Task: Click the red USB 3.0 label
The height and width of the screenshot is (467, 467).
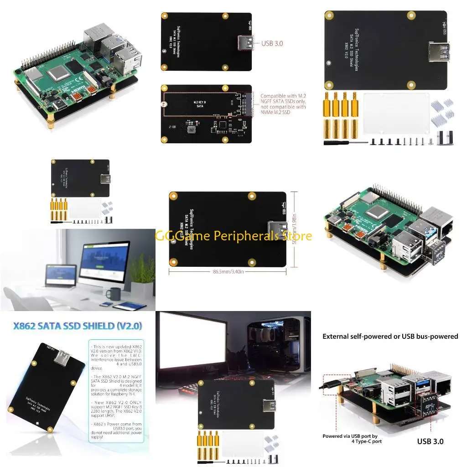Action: coord(272,43)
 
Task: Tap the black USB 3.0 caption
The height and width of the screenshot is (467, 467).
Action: coord(430,441)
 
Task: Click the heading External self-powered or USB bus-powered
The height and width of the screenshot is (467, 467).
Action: coord(390,337)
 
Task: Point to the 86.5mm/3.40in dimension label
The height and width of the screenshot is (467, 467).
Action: coord(228,271)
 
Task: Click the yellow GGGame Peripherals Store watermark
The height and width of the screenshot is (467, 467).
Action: coord(233,236)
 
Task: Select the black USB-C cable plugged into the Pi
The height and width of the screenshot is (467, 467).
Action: coord(331,386)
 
